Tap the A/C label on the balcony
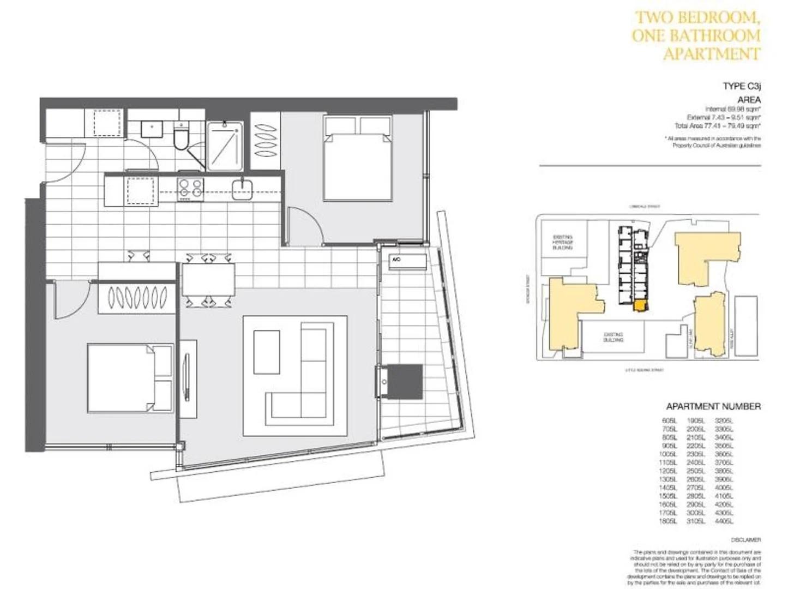(x=396, y=260)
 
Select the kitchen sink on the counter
(x=242, y=189)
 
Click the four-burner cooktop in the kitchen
(x=190, y=189)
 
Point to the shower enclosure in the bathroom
(x=224, y=146)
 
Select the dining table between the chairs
(x=208, y=279)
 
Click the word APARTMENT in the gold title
(x=712, y=54)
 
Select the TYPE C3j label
(x=741, y=86)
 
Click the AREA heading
(x=748, y=100)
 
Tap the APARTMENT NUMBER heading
(x=713, y=406)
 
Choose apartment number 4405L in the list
(x=724, y=521)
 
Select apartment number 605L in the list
(x=668, y=421)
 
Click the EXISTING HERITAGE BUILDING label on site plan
(x=562, y=242)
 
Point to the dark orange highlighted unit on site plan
(x=639, y=305)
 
